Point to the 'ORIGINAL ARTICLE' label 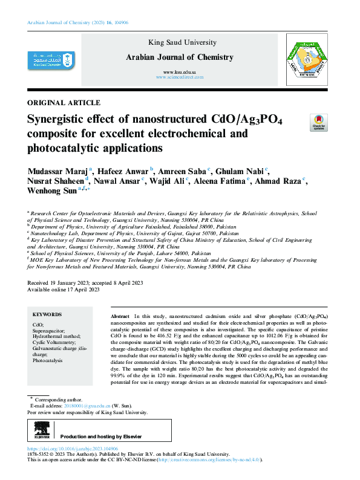tap(64, 103)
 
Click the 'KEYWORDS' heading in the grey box tap(47, 314)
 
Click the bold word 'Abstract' tap(121, 316)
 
